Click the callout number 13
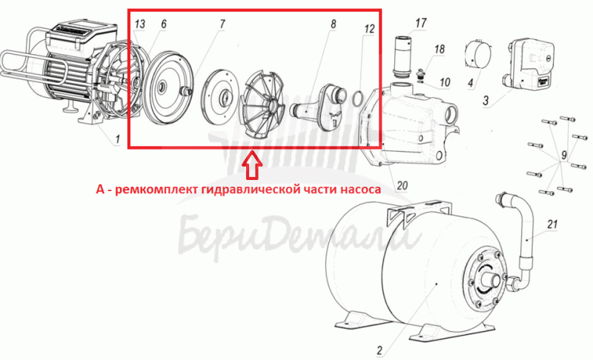[x=139, y=24]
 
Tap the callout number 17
[x=421, y=23]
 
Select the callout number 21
[x=552, y=224]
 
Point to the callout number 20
[x=402, y=185]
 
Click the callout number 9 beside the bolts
[x=564, y=155]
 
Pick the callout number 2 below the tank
[x=380, y=350]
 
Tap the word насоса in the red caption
[x=360, y=188]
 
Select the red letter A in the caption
[x=100, y=188]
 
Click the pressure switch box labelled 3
[x=529, y=64]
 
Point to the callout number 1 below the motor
[x=117, y=139]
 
